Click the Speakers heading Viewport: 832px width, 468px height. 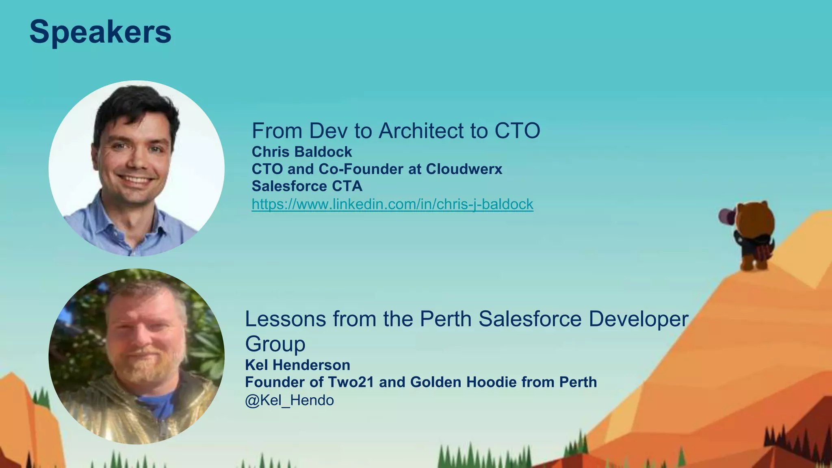(100, 32)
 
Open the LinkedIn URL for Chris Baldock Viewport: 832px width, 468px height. (392, 204)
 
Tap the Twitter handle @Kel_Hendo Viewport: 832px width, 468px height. (289, 400)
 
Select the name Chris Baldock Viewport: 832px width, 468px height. (301, 152)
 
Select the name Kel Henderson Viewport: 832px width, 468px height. (297, 365)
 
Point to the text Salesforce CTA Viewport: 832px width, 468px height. (307, 186)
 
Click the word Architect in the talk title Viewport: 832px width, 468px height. (421, 131)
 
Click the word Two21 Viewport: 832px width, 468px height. (351, 382)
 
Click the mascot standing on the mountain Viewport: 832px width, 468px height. (754, 236)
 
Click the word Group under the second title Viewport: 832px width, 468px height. (275, 344)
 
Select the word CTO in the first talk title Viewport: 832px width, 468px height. (517, 131)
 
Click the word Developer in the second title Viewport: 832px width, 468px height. (638, 319)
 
